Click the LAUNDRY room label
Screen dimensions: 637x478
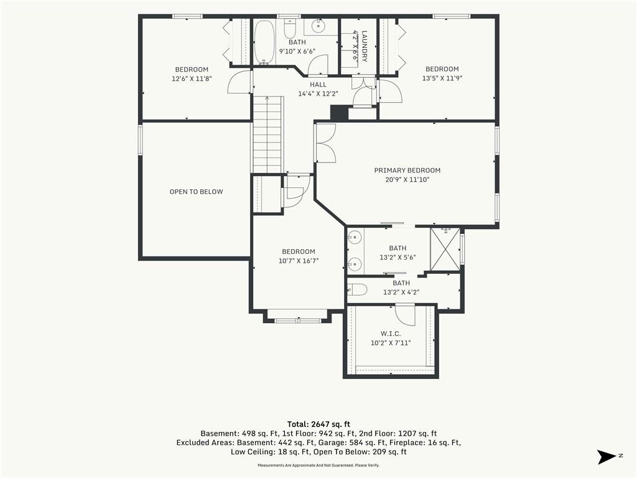(365, 46)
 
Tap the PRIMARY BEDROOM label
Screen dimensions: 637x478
(407, 171)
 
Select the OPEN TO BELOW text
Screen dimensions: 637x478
(196, 192)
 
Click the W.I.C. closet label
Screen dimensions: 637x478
(391, 334)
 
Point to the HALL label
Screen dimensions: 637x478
(318, 85)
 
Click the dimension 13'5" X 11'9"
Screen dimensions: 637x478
(442, 78)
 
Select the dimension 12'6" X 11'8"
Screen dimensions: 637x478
(192, 78)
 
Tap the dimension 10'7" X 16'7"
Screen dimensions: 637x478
(299, 261)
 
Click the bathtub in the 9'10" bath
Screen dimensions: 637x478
(264, 42)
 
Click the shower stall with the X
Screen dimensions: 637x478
(445, 249)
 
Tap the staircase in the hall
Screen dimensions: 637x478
(267, 134)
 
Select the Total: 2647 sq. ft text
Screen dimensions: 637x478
(318, 424)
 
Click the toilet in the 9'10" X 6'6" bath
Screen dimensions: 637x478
(290, 29)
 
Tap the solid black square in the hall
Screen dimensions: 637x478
(340, 113)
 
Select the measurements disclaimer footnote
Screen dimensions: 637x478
(318, 466)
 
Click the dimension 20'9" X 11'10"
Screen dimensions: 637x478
(407, 179)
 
